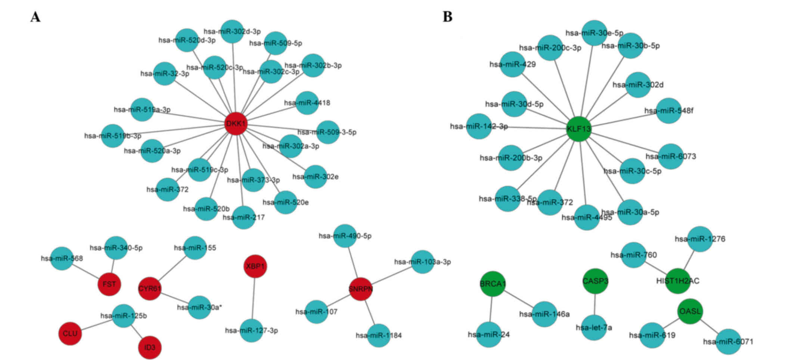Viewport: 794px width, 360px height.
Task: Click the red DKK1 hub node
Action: click(x=236, y=124)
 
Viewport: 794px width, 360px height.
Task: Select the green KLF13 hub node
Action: click(x=579, y=129)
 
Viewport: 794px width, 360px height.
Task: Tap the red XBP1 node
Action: click(x=255, y=266)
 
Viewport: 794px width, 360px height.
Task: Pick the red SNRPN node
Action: click(x=361, y=289)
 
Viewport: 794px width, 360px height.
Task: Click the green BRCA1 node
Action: click(x=493, y=284)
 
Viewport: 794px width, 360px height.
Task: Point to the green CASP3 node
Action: click(x=595, y=281)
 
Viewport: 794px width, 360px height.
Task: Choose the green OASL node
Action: click(x=690, y=311)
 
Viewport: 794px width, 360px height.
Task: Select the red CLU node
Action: click(x=70, y=333)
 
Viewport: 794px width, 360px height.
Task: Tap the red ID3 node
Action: click(x=150, y=347)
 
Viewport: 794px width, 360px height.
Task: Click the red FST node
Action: click(x=109, y=284)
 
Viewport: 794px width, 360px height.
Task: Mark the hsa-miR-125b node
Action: click(x=124, y=316)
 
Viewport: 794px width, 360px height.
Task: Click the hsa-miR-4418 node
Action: click(x=307, y=103)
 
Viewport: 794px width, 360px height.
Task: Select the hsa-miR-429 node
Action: click(x=512, y=65)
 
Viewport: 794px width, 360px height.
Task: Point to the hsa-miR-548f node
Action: click(x=669, y=111)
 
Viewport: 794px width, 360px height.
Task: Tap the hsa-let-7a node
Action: click(x=594, y=328)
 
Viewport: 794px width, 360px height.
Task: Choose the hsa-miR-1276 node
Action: click(x=700, y=239)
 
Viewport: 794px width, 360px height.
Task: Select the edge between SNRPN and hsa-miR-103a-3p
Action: click(x=392, y=276)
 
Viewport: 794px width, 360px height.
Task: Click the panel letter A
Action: click(x=35, y=17)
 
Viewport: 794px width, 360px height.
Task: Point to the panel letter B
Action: click(x=447, y=17)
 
